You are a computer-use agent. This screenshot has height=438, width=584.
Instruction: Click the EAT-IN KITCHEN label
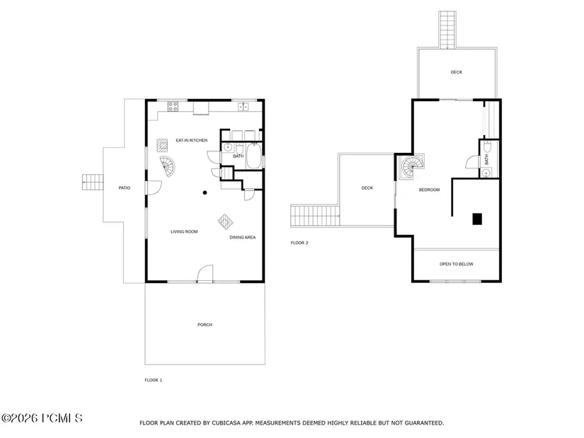[191, 140]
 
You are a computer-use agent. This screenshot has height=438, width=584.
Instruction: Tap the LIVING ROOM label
[184, 231]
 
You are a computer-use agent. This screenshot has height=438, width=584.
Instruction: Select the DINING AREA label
[243, 237]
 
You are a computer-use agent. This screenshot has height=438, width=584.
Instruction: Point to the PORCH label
[205, 325]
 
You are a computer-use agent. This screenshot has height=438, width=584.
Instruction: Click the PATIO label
[125, 188]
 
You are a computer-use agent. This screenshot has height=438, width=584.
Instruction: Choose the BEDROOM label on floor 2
[429, 190]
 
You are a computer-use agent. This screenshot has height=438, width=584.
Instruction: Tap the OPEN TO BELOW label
[457, 264]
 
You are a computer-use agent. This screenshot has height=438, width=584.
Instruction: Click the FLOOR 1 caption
[154, 380]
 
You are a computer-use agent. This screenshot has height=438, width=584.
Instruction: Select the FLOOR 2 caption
[299, 243]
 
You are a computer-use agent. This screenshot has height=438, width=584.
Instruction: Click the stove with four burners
[173, 107]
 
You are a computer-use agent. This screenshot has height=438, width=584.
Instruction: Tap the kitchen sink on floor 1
[244, 107]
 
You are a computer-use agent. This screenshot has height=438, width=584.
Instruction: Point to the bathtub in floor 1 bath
[253, 156]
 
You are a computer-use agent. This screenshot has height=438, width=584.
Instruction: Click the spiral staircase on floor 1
[167, 166]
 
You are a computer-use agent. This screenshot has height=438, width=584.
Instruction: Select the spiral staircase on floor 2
[412, 166]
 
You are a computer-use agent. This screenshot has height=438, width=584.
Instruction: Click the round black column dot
[205, 192]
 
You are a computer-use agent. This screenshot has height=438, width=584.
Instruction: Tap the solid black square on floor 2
[477, 219]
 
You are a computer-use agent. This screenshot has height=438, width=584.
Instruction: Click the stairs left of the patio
[93, 182]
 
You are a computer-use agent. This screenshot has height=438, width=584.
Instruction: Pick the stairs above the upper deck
[447, 30]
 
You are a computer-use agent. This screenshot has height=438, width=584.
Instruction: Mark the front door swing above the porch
[205, 273]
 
